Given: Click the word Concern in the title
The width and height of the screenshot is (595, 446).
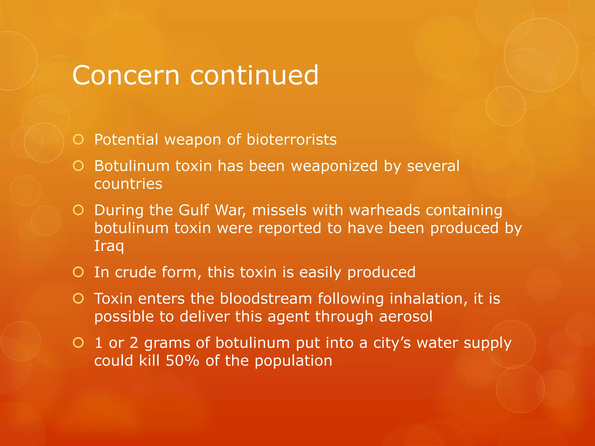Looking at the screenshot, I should pos(126,75).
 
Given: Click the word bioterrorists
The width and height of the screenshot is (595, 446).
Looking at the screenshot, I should pos(291,140).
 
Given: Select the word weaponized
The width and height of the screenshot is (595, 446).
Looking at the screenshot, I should pos(334,166).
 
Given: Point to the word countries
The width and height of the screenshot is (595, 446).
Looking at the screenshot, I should pos(128,184).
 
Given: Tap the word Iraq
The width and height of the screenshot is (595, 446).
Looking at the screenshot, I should pos(109,246).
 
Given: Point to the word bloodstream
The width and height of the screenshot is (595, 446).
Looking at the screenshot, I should pos(266,299).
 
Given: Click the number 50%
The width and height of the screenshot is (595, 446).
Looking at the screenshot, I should pos(182,361).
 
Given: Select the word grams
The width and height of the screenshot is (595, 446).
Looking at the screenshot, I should pos(167,344).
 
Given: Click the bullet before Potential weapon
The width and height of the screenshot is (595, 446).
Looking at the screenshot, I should pos(78,140).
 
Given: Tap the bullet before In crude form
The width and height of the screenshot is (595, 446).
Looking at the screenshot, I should pos(78,272).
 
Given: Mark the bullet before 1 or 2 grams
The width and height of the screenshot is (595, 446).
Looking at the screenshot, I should pos(78,343).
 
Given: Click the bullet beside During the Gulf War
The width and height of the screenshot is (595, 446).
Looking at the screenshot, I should pos(78,210).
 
